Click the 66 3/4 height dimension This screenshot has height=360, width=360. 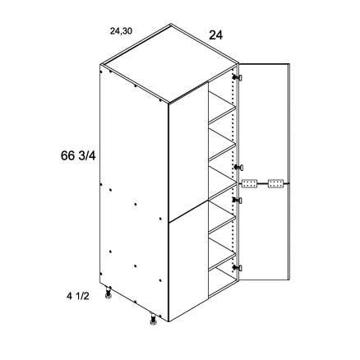(x=78, y=156)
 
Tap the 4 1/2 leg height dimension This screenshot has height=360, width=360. (x=78, y=296)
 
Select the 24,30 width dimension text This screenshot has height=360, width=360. (x=121, y=31)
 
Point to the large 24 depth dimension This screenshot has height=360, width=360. (x=216, y=35)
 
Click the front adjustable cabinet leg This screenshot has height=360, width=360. (x=154, y=320)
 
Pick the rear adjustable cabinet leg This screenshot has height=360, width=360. (x=108, y=293)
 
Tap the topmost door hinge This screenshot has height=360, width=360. (x=238, y=77)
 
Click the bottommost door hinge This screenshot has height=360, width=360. (x=238, y=268)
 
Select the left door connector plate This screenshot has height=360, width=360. (x=249, y=184)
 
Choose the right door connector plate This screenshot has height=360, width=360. (x=275, y=184)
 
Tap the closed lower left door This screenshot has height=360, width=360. (x=188, y=261)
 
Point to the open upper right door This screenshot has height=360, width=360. (x=264, y=123)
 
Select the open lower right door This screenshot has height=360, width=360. (x=264, y=232)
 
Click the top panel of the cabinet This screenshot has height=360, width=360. (x=170, y=63)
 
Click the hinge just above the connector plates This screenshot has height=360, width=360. (x=238, y=167)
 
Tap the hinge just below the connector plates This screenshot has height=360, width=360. (x=238, y=201)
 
